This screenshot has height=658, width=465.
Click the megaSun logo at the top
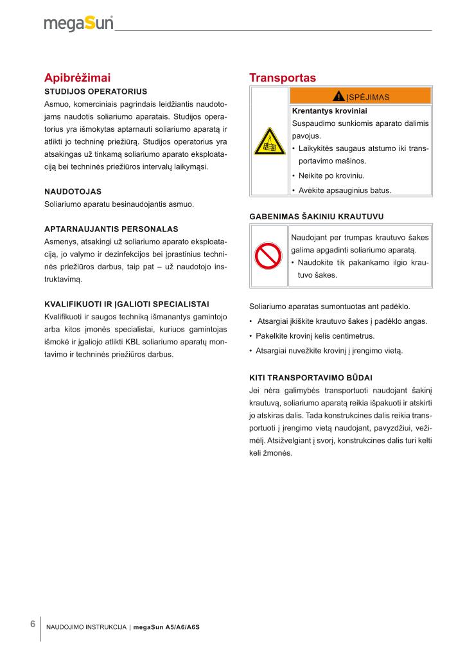[x=78, y=24]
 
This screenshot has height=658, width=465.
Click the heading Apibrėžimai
[x=77, y=78]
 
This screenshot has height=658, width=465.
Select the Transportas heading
[x=283, y=78]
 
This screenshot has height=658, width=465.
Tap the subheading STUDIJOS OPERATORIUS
[x=96, y=91]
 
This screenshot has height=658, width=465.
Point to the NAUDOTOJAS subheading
[x=73, y=191]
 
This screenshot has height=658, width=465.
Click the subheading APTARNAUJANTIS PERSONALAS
[x=111, y=229]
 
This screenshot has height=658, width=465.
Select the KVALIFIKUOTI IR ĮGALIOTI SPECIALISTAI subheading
[x=127, y=303]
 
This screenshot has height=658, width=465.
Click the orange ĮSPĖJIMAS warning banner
[x=360, y=96]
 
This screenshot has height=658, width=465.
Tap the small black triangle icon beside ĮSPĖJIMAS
[x=338, y=96]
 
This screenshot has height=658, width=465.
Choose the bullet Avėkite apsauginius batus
[x=344, y=190]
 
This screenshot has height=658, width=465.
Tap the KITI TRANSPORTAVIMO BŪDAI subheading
[x=310, y=378]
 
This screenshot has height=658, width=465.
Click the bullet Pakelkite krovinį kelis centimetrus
[x=315, y=336]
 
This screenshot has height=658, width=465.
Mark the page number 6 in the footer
[x=33, y=625]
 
